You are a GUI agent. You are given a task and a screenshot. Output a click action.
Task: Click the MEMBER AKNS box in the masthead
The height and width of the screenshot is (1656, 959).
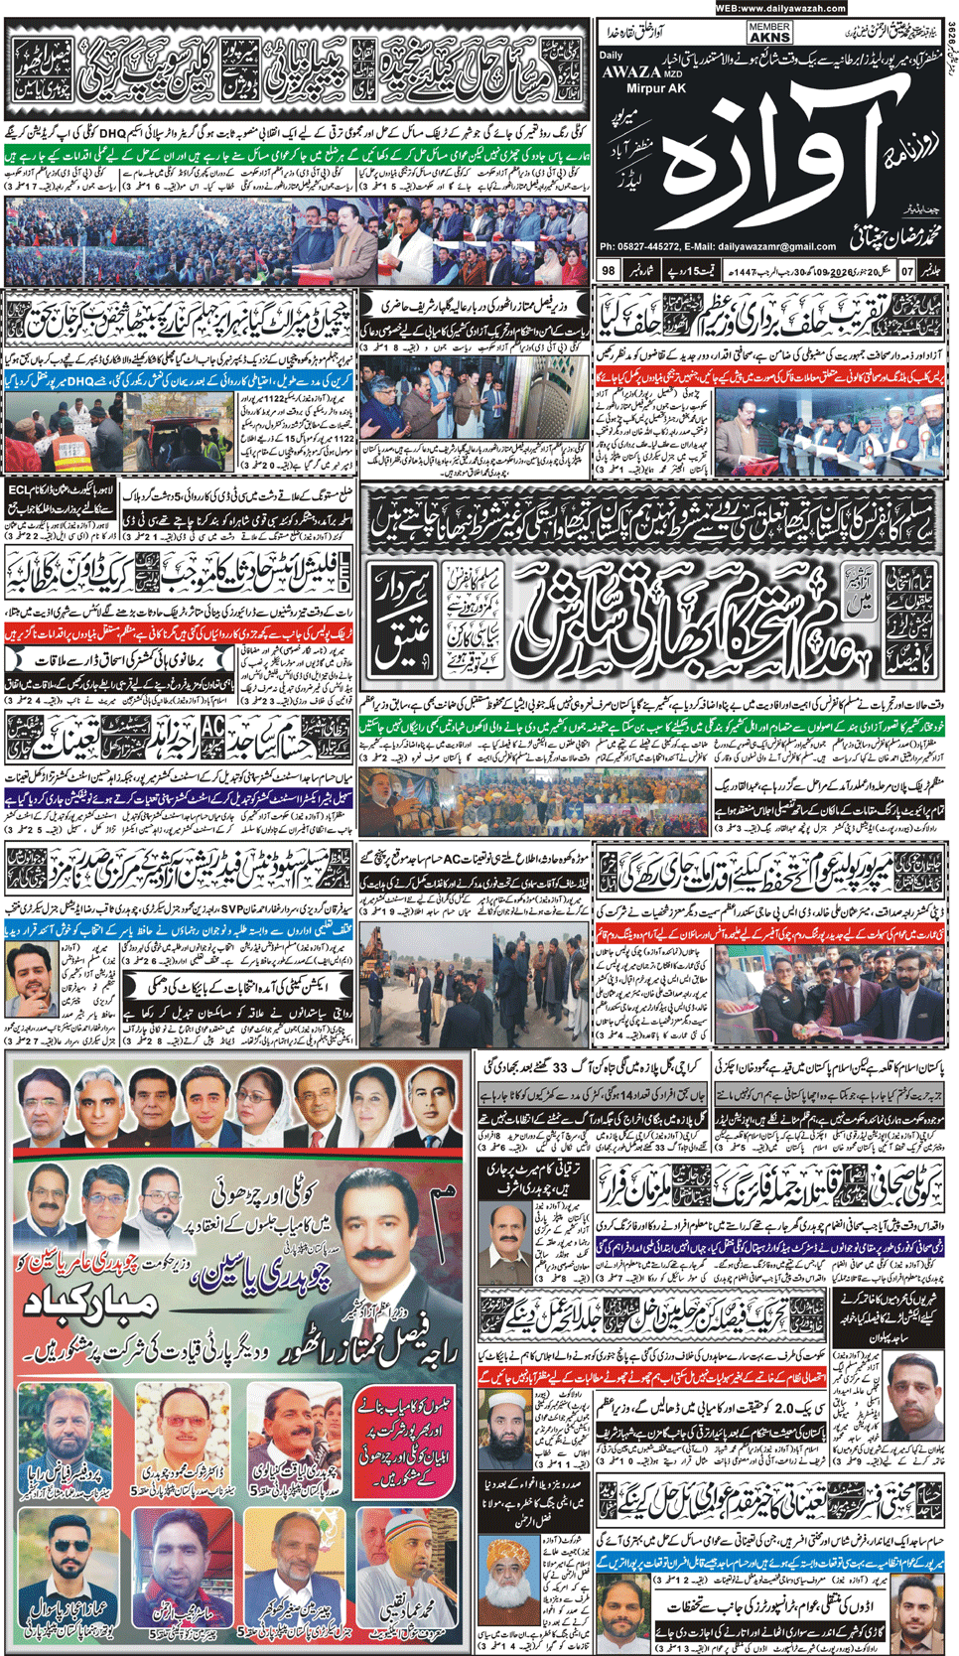(769, 32)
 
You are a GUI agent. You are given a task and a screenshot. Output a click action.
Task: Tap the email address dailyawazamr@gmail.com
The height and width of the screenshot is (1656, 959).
(777, 246)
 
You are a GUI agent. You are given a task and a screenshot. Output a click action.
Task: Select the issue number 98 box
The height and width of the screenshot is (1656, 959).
(609, 270)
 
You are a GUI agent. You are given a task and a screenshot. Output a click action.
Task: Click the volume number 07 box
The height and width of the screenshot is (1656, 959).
(907, 270)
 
